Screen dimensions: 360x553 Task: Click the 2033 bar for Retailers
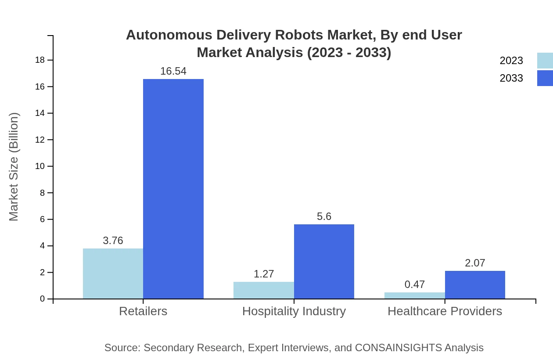[173, 189]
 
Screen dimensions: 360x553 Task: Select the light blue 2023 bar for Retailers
[113, 274]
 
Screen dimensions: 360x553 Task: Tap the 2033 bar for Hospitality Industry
[324, 262]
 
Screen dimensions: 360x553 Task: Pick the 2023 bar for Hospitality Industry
[263, 290]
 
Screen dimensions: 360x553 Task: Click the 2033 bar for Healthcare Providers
[475, 285]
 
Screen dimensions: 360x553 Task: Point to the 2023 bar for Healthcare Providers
[414, 295]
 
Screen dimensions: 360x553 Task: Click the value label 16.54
[173, 71]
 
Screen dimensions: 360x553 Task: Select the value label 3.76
[113, 241]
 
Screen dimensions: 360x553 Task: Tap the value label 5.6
[324, 216]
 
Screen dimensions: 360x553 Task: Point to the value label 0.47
[414, 284]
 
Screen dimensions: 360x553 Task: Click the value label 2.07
[475, 263]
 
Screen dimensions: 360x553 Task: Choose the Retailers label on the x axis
[143, 311]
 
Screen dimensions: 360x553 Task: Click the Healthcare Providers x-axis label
[445, 311]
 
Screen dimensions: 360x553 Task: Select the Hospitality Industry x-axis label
[294, 311]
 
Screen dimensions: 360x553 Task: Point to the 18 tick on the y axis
[40, 60]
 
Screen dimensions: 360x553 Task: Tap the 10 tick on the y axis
[40, 166]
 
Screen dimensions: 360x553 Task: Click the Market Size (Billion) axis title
[14, 167]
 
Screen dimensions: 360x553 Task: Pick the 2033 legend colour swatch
[545, 78]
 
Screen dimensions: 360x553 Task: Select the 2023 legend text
[511, 61]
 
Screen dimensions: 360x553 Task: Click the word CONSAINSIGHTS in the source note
[398, 348]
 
